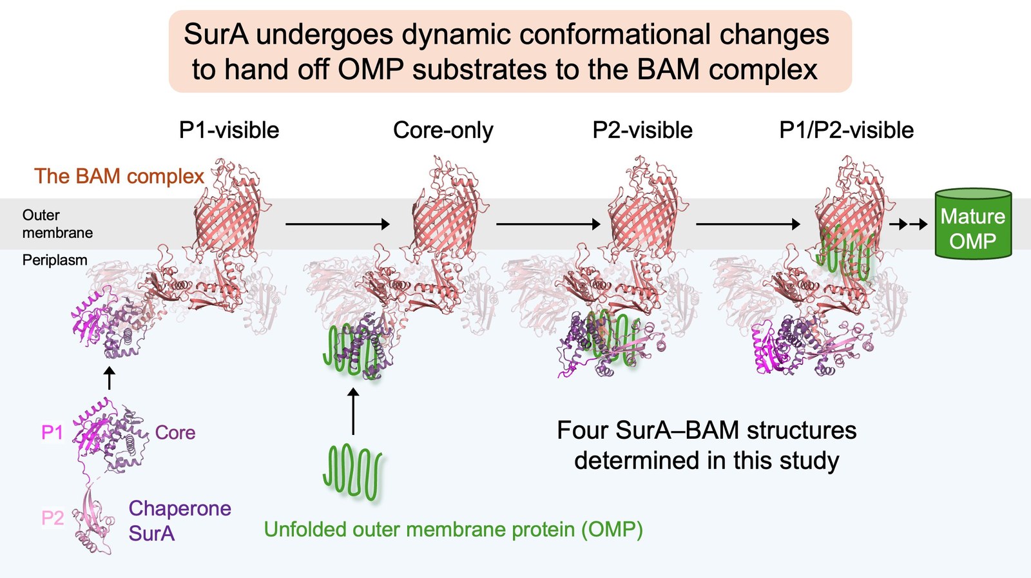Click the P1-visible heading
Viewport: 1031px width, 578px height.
pos(229,130)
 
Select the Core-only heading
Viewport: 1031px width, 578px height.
pos(443,130)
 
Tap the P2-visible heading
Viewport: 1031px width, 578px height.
pos(642,130)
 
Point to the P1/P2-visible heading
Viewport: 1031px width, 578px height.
pos(846,130)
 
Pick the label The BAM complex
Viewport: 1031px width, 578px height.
pos(119,177)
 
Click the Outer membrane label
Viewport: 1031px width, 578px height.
pos(57,224)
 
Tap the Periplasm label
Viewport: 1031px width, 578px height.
pos(55,260)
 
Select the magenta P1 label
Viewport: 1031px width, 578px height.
pos(52,432)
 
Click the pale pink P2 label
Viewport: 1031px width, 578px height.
pos(52,517)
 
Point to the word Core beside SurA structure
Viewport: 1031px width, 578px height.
pos(175,432)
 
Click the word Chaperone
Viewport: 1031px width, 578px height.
pos(180,508)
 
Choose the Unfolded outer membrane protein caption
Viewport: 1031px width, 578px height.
pos(454,529)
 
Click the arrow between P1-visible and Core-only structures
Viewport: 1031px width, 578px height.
pos(338,224)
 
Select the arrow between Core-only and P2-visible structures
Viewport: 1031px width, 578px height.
pos(548,224)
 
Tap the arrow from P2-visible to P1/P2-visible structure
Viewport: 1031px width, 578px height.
pos(748,224)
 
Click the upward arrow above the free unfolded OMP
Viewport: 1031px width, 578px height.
pos(353,411)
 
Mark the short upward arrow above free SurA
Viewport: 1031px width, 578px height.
pos(109,378)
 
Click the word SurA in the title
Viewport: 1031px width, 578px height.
pos(217,35)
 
